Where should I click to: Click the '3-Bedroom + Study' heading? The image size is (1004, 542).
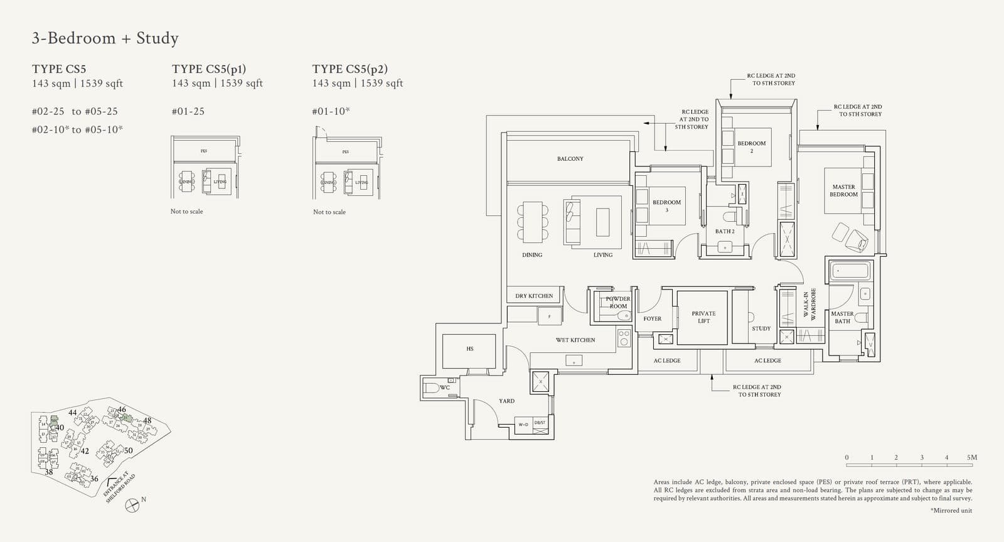(x=105, y=38)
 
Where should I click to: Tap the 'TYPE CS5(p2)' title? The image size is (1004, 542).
(x=350, y=69)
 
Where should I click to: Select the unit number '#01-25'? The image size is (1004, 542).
(x=188, y=111)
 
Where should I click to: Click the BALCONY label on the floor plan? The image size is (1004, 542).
(x=570, y=159)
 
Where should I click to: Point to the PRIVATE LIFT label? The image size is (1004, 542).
(x=703, y=317)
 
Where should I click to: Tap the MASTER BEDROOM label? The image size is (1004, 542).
(x=843, y=190)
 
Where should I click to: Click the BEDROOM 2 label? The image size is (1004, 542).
(x=752, y=146)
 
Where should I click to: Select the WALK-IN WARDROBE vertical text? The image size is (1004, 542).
(x=809, y=305)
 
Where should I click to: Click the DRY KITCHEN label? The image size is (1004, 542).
(x=534, y=296)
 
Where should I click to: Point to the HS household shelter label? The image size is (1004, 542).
(x=469, y=349)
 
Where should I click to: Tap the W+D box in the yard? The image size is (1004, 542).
(x=523, y=425)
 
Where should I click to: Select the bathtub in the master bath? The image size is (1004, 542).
(x=850, y=271)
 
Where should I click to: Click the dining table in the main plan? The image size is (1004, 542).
(x=532, y=222)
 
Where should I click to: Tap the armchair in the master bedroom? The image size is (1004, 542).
(x=856, y=239)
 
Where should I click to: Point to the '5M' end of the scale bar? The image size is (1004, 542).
(x=971, y=457)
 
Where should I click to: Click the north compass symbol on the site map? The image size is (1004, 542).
(x=132, y=504)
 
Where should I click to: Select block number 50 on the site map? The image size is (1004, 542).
(x=128, y=450)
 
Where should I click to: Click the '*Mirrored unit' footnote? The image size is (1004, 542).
(x=951, y=511)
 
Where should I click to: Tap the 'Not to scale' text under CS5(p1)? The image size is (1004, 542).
(x=186, y=212)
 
